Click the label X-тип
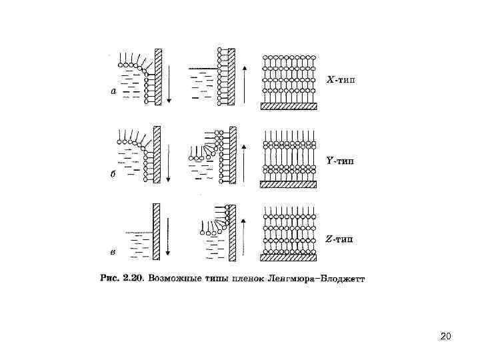(x=341, y=81)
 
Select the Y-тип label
(x=340, y=160)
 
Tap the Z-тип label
(x=341, y=239)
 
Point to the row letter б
(x=113, y=172)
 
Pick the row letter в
(x=113, y=251)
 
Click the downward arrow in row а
(x=169, y=81)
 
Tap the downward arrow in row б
(x=169, y=160)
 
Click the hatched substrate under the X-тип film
(x=288, y=105)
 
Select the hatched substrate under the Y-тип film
(x=288, y=184)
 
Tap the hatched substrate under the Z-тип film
(x=288, y=257)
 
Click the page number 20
(x=446, y=335)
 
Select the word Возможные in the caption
(x=174, y=277)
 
